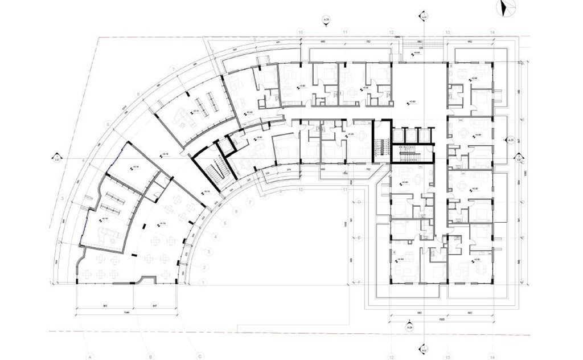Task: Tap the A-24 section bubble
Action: coord(408,328)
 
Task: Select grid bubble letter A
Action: coord(91,357)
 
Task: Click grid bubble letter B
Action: coord(150,357)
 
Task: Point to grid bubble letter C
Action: coord(200,357)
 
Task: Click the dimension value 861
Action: coord(106,306)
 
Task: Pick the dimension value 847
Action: coord(155,306)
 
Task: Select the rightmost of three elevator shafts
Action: coord(425,135)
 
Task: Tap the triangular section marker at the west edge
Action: coord(57,157)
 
